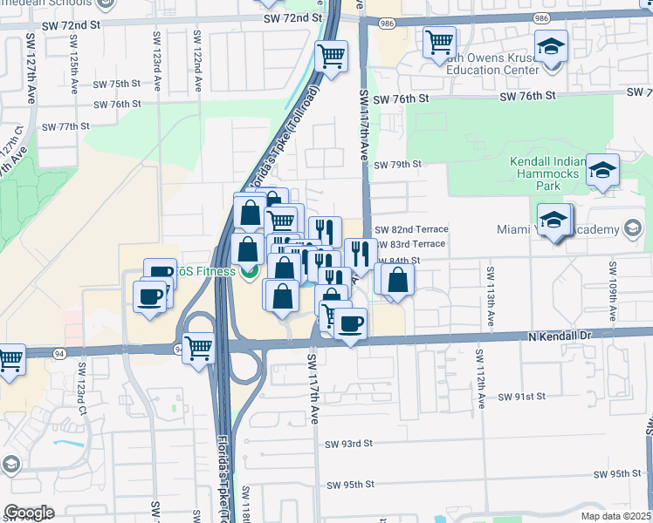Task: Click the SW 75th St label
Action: (x=118, y=84)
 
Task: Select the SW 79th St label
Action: (x=398, y=164)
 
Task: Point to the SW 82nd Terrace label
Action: (x=411, y=229)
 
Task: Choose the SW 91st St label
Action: (x=521, y=396)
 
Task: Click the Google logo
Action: (x=29, y=513)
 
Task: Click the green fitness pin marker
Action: (x=247, y=272)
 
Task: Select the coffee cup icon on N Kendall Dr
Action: (x=350, y=324)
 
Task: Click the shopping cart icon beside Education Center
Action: (x=440, y=41)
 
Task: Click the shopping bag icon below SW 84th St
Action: (x=397, y=280)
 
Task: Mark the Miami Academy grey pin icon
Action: (x=633, y=229)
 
